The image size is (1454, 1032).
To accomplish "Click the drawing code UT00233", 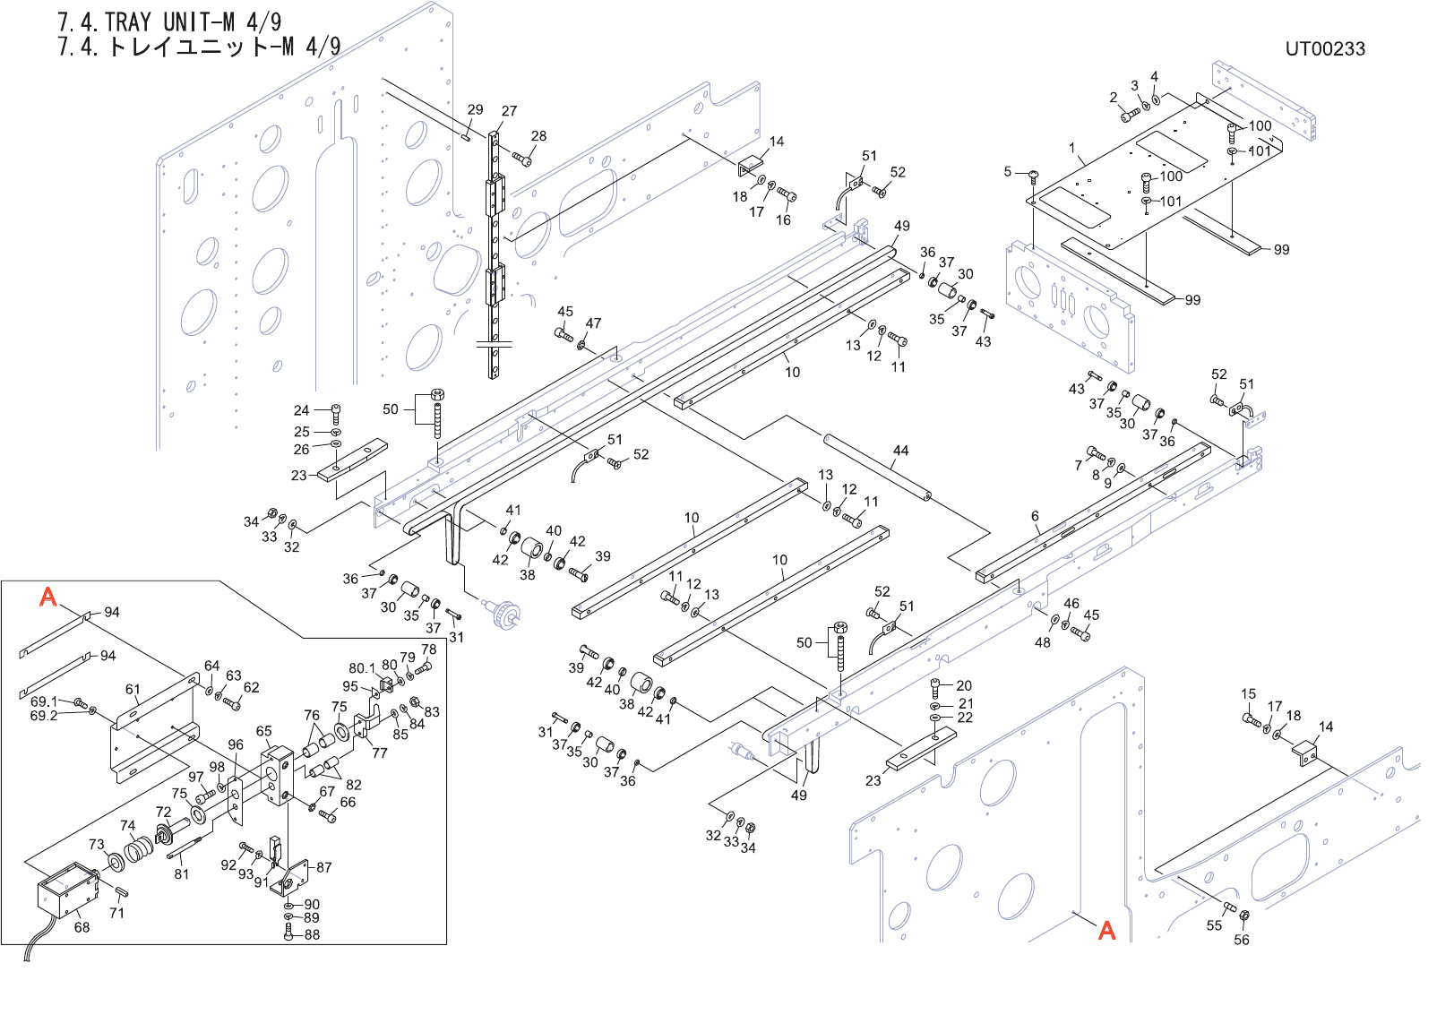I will coord(1324,49).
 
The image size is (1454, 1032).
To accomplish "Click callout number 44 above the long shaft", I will coord(900,451).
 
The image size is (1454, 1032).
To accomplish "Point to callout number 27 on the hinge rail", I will coord(509,111).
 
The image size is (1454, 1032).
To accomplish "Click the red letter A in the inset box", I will coord(48,597).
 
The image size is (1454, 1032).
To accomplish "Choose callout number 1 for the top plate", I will coord(1071,148).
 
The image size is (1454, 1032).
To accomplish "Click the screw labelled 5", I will coord(1033,175).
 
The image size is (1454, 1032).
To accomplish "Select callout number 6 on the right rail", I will coord(1035,516).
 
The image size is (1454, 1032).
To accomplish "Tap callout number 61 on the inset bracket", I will coord(133,690).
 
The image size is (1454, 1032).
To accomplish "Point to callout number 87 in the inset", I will coord(324,867).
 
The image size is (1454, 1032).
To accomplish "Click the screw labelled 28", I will coord(522,159).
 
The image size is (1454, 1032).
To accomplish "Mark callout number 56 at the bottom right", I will coord(1242,940).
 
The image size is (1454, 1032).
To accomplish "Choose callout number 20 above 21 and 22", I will coord(964,685).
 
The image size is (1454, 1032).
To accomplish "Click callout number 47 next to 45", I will coord(593,323).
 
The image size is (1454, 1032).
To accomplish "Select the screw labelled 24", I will coord(335,414).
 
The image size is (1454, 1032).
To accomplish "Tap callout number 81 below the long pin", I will coord(182,873).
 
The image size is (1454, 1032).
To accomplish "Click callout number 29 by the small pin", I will coord(475,109).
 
